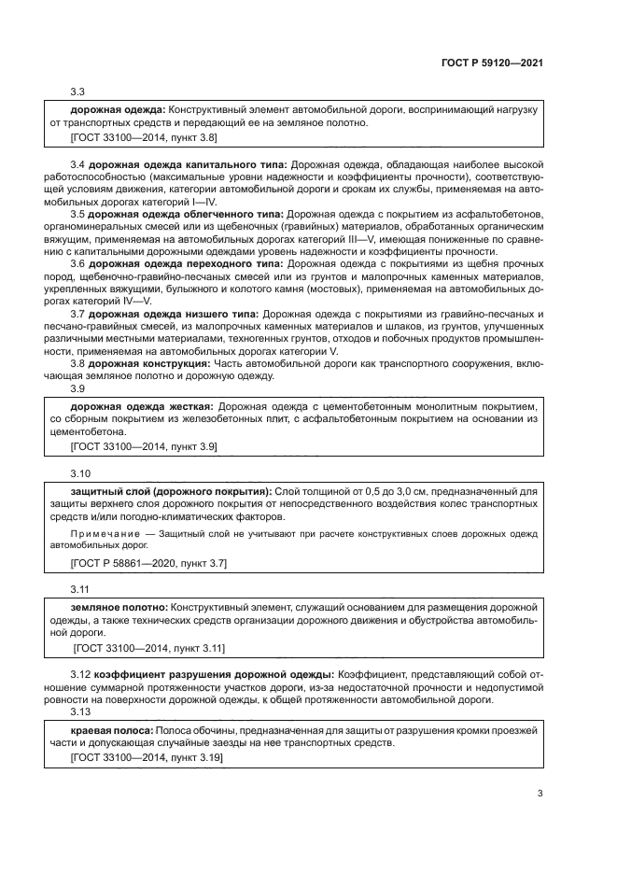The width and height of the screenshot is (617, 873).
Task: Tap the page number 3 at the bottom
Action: pos(540,795)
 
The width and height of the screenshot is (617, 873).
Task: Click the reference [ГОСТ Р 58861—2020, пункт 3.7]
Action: pos(148,563)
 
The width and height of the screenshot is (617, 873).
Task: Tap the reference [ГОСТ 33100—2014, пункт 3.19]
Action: pos(147,759)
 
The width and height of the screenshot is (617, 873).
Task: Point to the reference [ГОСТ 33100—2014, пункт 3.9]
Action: pos(144,448)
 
